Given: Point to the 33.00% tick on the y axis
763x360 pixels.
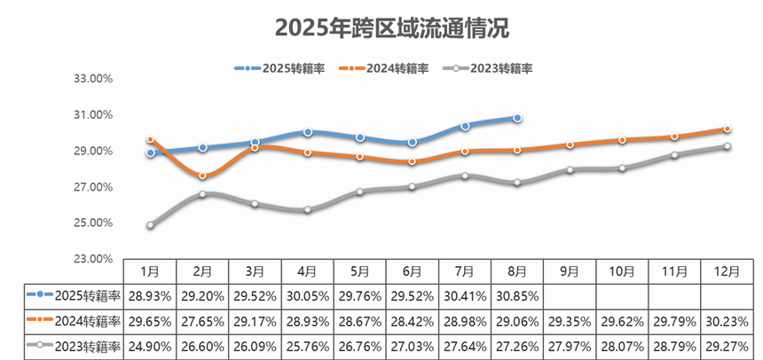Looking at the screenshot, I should pyautogui.click(x=93, y=79).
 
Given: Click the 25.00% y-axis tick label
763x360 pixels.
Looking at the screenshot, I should pyautogui.click(x=93, y=223).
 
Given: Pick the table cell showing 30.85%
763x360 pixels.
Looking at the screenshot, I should pyautogui.click(x=517, y=293).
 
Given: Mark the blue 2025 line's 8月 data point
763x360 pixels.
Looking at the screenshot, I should pyautogui.click(x=517, y=117).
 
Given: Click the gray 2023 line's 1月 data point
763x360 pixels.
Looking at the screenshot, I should pyautogui.click(x=151, y=225).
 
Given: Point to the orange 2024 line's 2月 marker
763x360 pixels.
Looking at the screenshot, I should pyautogui.click(x=203, y=176).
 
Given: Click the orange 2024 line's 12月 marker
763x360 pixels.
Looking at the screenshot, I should pyautogui.click(x=728, y=129).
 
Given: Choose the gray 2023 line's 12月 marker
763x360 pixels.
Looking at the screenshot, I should pyautogui.click(x=728, y=146).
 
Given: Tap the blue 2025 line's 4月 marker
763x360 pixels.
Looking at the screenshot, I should pyautogui.click(x=308, y=132).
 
